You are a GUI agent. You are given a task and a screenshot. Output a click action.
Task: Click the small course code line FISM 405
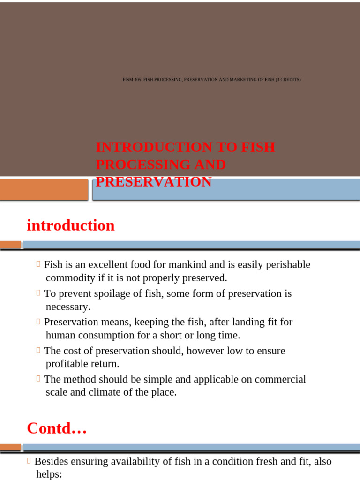tap(211, 80)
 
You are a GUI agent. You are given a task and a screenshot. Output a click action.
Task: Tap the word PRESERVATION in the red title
tap(154, 182)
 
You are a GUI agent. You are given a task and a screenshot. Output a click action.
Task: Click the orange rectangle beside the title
tap(44, 189)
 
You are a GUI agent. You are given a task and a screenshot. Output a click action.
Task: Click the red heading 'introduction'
tap(71, 225)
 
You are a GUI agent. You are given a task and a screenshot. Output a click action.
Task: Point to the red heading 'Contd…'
tap(57, 428)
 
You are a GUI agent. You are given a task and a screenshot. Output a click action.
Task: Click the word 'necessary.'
tap(68, 307)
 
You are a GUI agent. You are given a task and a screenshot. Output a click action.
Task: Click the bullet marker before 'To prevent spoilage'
tap(38, 293)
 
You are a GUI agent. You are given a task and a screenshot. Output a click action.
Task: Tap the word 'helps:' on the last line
tap(49, 474)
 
